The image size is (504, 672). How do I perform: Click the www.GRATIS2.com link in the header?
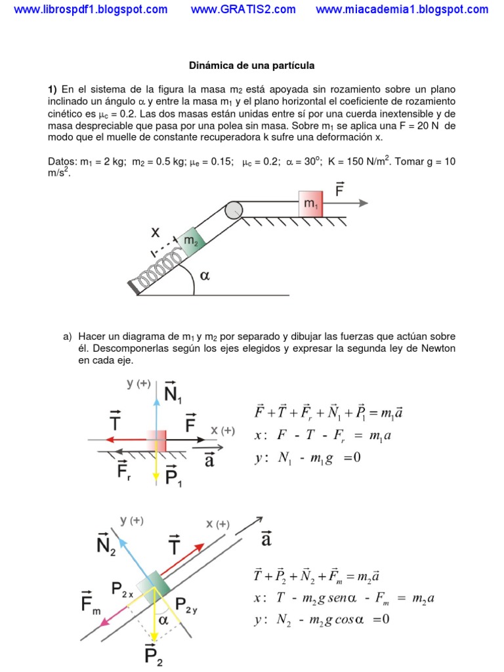click(x=243, y=9)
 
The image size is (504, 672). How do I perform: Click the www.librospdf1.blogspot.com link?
click(x=91, y=9)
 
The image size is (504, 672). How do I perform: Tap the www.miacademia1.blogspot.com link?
click(x=402, y=9)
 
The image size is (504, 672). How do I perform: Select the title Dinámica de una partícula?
click(x=252, y=66)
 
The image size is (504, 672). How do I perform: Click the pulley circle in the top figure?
click(x=234, y=210)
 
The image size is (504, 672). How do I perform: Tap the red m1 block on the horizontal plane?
click(x=310, y=204)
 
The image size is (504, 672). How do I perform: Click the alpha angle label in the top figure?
click(x=205, y=276)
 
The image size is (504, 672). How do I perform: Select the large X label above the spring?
click(x=156, y=232)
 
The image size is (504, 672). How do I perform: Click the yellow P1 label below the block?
click(x=174, y=475)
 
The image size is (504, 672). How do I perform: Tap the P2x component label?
click(x=123, y=592)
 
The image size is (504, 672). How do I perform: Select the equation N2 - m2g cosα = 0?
click(x=322, y=619)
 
